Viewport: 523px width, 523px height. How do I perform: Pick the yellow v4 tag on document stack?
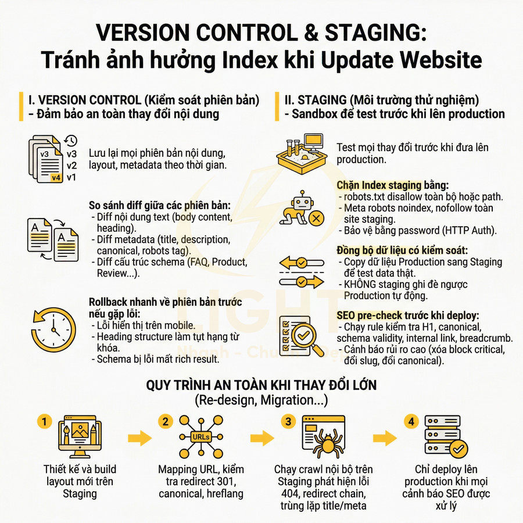point(56,178)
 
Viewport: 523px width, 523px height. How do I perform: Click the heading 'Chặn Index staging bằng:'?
point(392,185)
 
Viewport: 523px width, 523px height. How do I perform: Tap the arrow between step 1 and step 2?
point(140,438)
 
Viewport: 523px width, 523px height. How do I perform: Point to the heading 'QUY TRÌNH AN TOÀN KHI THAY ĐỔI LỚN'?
point(261,386)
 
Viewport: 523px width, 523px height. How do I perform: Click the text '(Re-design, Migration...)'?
point(261,400)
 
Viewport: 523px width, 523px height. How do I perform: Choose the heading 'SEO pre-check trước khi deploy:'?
point(408,316)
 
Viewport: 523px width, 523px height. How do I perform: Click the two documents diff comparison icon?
point(53,239)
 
